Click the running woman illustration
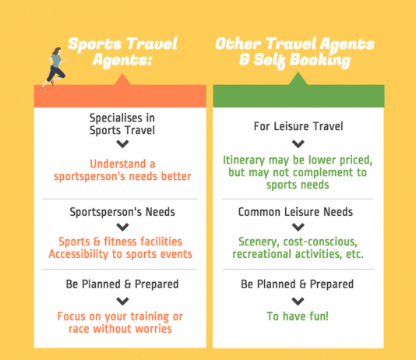click(54, 69)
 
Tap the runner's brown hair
click(57, 51)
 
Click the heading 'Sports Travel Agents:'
click(122, 51)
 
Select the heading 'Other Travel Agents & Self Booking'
click(294, 52)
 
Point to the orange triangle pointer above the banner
click(122, 80)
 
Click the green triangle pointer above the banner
click(298, 79)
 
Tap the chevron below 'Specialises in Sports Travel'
click(122, 144)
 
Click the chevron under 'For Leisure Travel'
click(298, 144)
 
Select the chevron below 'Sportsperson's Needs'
click(122, 227)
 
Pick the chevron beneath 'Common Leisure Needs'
click(298, 227)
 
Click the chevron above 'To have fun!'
click(298, 302)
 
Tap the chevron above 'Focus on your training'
click(122, 302)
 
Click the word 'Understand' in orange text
click(118, 164)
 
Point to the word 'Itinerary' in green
click(244, 161)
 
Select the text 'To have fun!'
click(298, 316)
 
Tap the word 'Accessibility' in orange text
click(78, 254)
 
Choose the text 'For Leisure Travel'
click(298, 126)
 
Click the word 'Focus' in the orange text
click(71, 316)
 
